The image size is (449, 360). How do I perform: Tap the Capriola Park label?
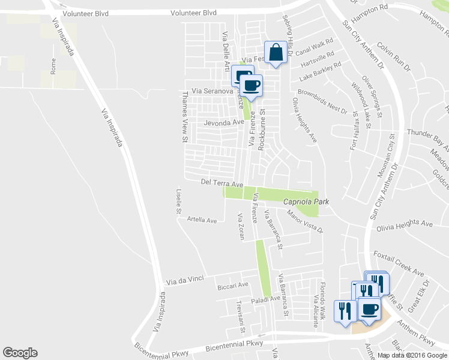306,202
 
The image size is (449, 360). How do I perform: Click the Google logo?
20,353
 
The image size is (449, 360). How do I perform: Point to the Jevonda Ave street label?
224,122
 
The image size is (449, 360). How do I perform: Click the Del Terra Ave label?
221,183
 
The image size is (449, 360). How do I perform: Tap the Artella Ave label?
202,220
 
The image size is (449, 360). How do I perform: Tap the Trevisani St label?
242,317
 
